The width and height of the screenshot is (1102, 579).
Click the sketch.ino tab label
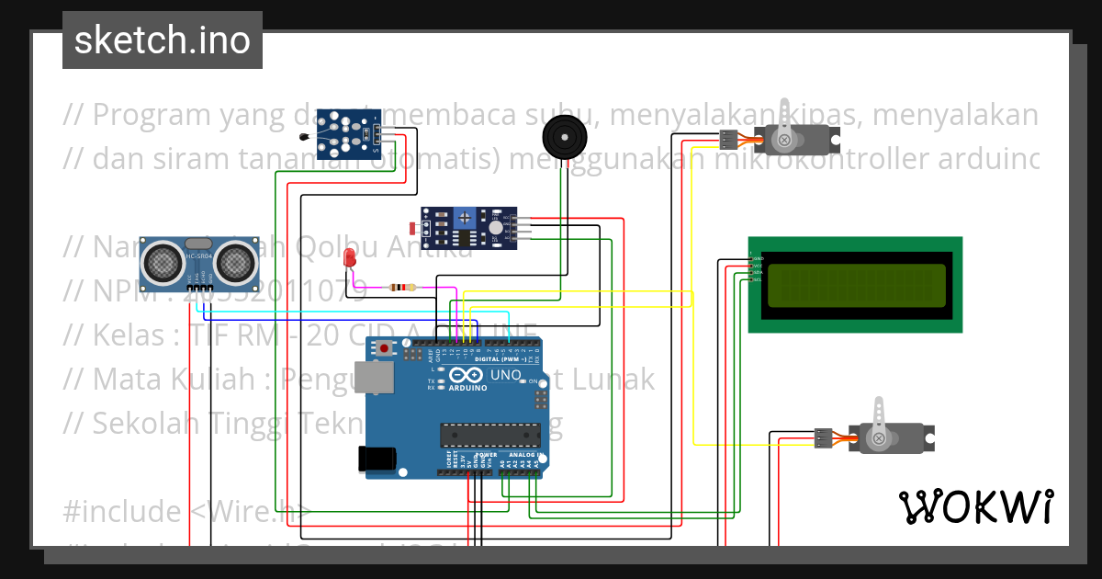163,40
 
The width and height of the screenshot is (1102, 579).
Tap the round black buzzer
561,137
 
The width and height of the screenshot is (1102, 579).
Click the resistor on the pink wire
401,287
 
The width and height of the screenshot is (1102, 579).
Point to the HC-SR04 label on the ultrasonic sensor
198,256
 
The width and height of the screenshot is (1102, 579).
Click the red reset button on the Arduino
385,349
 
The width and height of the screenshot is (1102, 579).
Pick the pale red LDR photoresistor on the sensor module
411,226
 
